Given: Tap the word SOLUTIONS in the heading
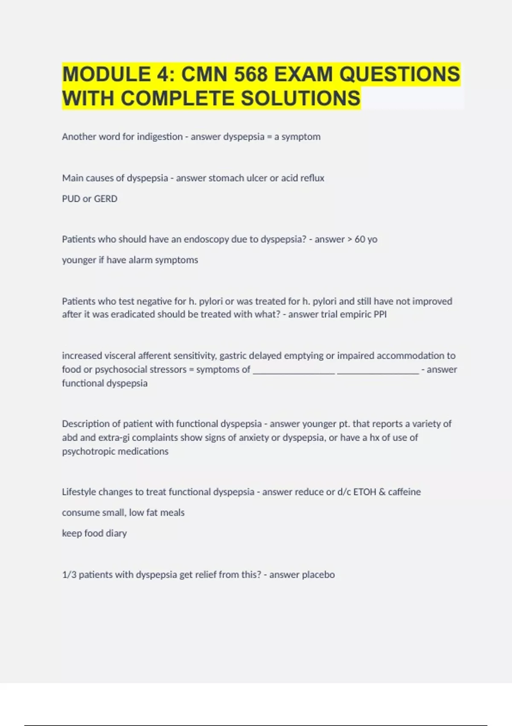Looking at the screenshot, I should point(301,98).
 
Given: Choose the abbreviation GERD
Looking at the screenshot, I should point(105,199).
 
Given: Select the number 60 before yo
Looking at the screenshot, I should point(360,239).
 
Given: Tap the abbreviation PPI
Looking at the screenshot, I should point(380,314).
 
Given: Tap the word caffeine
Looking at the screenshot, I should point(404,492).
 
